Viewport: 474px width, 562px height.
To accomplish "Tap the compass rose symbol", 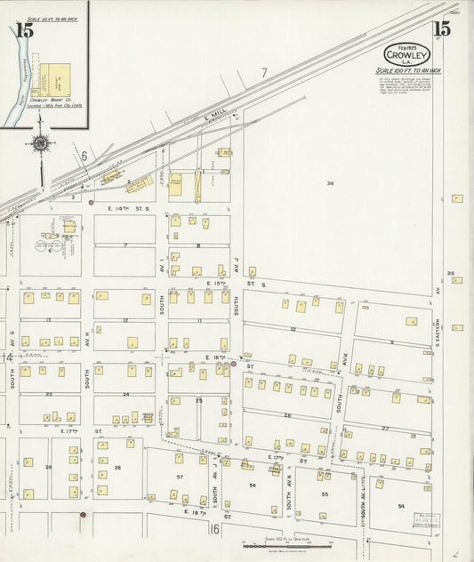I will tap(40, 144).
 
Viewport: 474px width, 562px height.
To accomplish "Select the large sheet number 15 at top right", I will tap(441, 28).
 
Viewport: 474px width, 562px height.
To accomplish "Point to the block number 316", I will tap(329, 184).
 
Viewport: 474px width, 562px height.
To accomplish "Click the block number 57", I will tap(180, 478).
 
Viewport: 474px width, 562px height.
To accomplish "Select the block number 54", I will tap(402, 505).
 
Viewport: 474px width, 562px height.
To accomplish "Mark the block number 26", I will tap(287, 415).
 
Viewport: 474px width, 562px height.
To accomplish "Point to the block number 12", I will tap(125, 319).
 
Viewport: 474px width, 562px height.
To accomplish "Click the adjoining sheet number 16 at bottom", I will tap(214, 529).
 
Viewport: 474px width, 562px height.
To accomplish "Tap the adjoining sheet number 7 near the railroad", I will tap(264, 71).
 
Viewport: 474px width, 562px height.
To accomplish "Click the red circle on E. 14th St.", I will tap(91, 203).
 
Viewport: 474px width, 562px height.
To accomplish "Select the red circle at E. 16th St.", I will tap(233, 363).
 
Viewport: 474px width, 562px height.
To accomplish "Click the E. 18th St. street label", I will tap(195, 513).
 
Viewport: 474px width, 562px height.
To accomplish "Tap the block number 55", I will tap(325, 494).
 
